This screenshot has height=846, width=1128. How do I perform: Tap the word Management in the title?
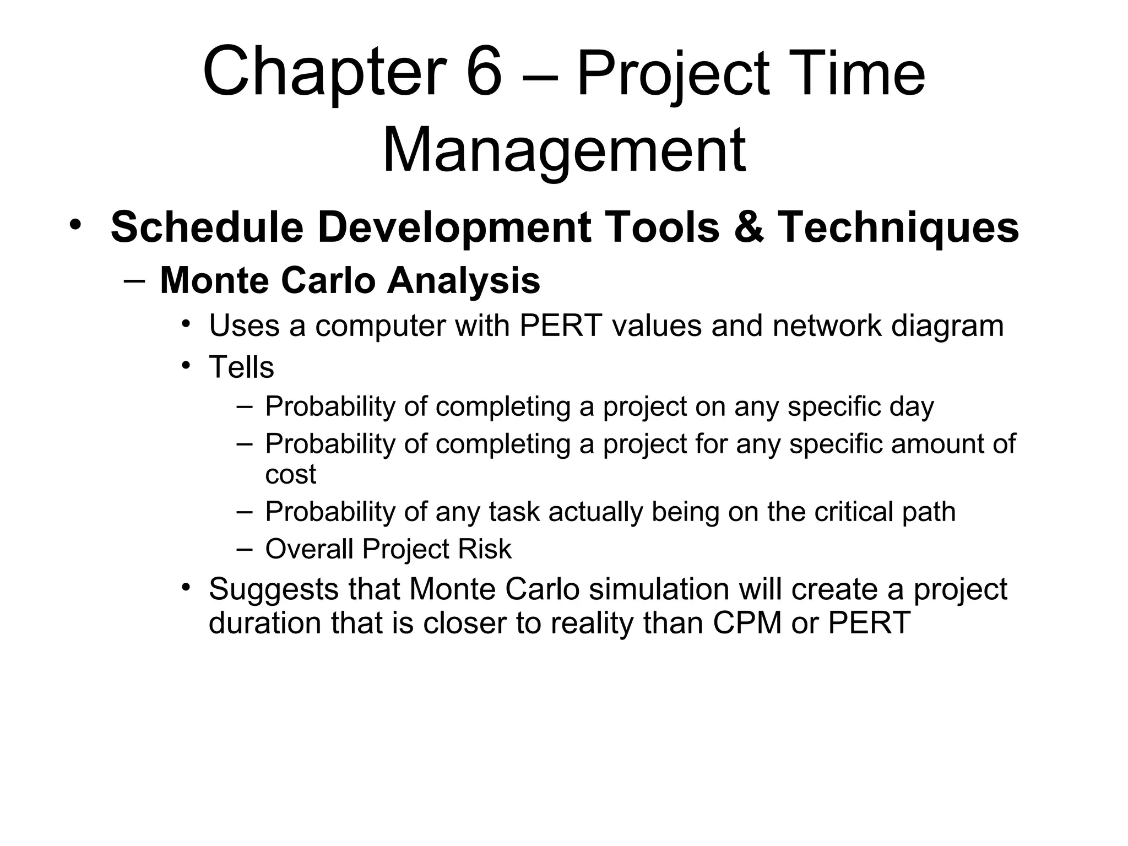563,150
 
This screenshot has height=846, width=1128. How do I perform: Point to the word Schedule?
207,227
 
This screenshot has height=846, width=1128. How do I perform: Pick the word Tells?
241,367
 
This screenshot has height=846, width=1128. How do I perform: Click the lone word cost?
290,474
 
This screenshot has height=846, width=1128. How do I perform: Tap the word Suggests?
273,589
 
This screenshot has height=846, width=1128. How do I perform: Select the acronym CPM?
747,623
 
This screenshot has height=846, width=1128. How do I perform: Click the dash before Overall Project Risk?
244,549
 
